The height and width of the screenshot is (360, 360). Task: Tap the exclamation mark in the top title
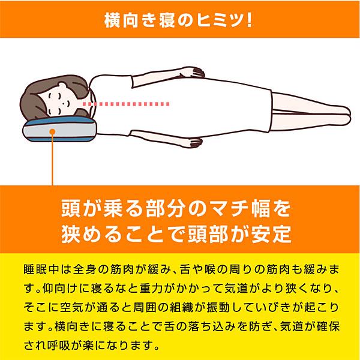(246, 19)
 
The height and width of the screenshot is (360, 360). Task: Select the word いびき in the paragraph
(280, 307)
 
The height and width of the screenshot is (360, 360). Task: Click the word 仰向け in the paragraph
(64, 287)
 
